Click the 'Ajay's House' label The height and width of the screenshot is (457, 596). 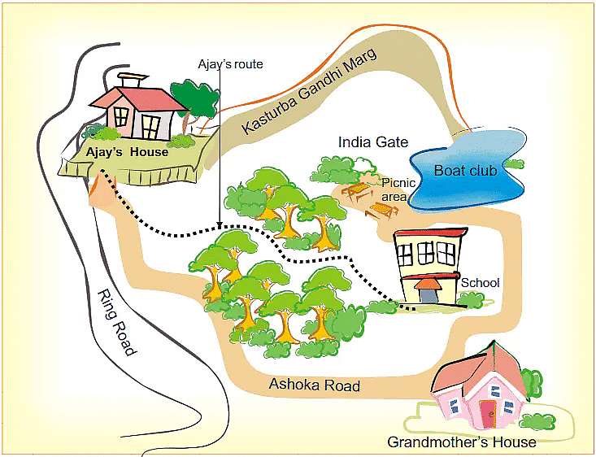pos(127,152)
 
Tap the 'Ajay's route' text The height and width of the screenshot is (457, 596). pos(231,63)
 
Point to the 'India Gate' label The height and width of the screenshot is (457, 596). pos(373,142)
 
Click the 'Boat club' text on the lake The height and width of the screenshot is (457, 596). pos(464,171)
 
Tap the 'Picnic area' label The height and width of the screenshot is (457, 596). pos(399,189)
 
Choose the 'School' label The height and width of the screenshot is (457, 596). pos(480,283)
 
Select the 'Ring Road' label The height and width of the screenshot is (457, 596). pos(115,322)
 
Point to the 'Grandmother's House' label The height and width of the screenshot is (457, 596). pos(461,442)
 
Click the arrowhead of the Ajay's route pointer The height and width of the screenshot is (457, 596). pos(219,227)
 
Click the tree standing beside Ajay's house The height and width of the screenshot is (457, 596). pos(195,102)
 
